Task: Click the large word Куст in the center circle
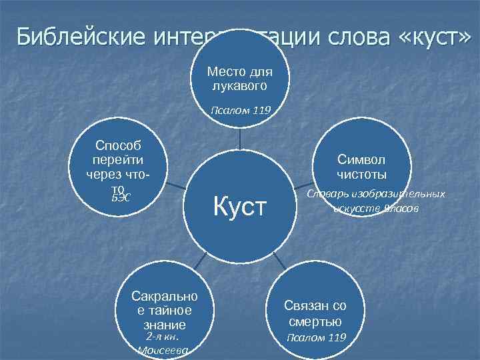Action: (239, 207)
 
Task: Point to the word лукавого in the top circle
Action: (239, 86)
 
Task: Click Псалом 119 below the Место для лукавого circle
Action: (239, 110)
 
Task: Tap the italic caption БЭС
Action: (120, 198)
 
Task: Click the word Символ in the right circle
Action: (361, 160)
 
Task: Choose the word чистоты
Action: (361, 175)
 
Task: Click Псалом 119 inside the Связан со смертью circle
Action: (316, 337)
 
